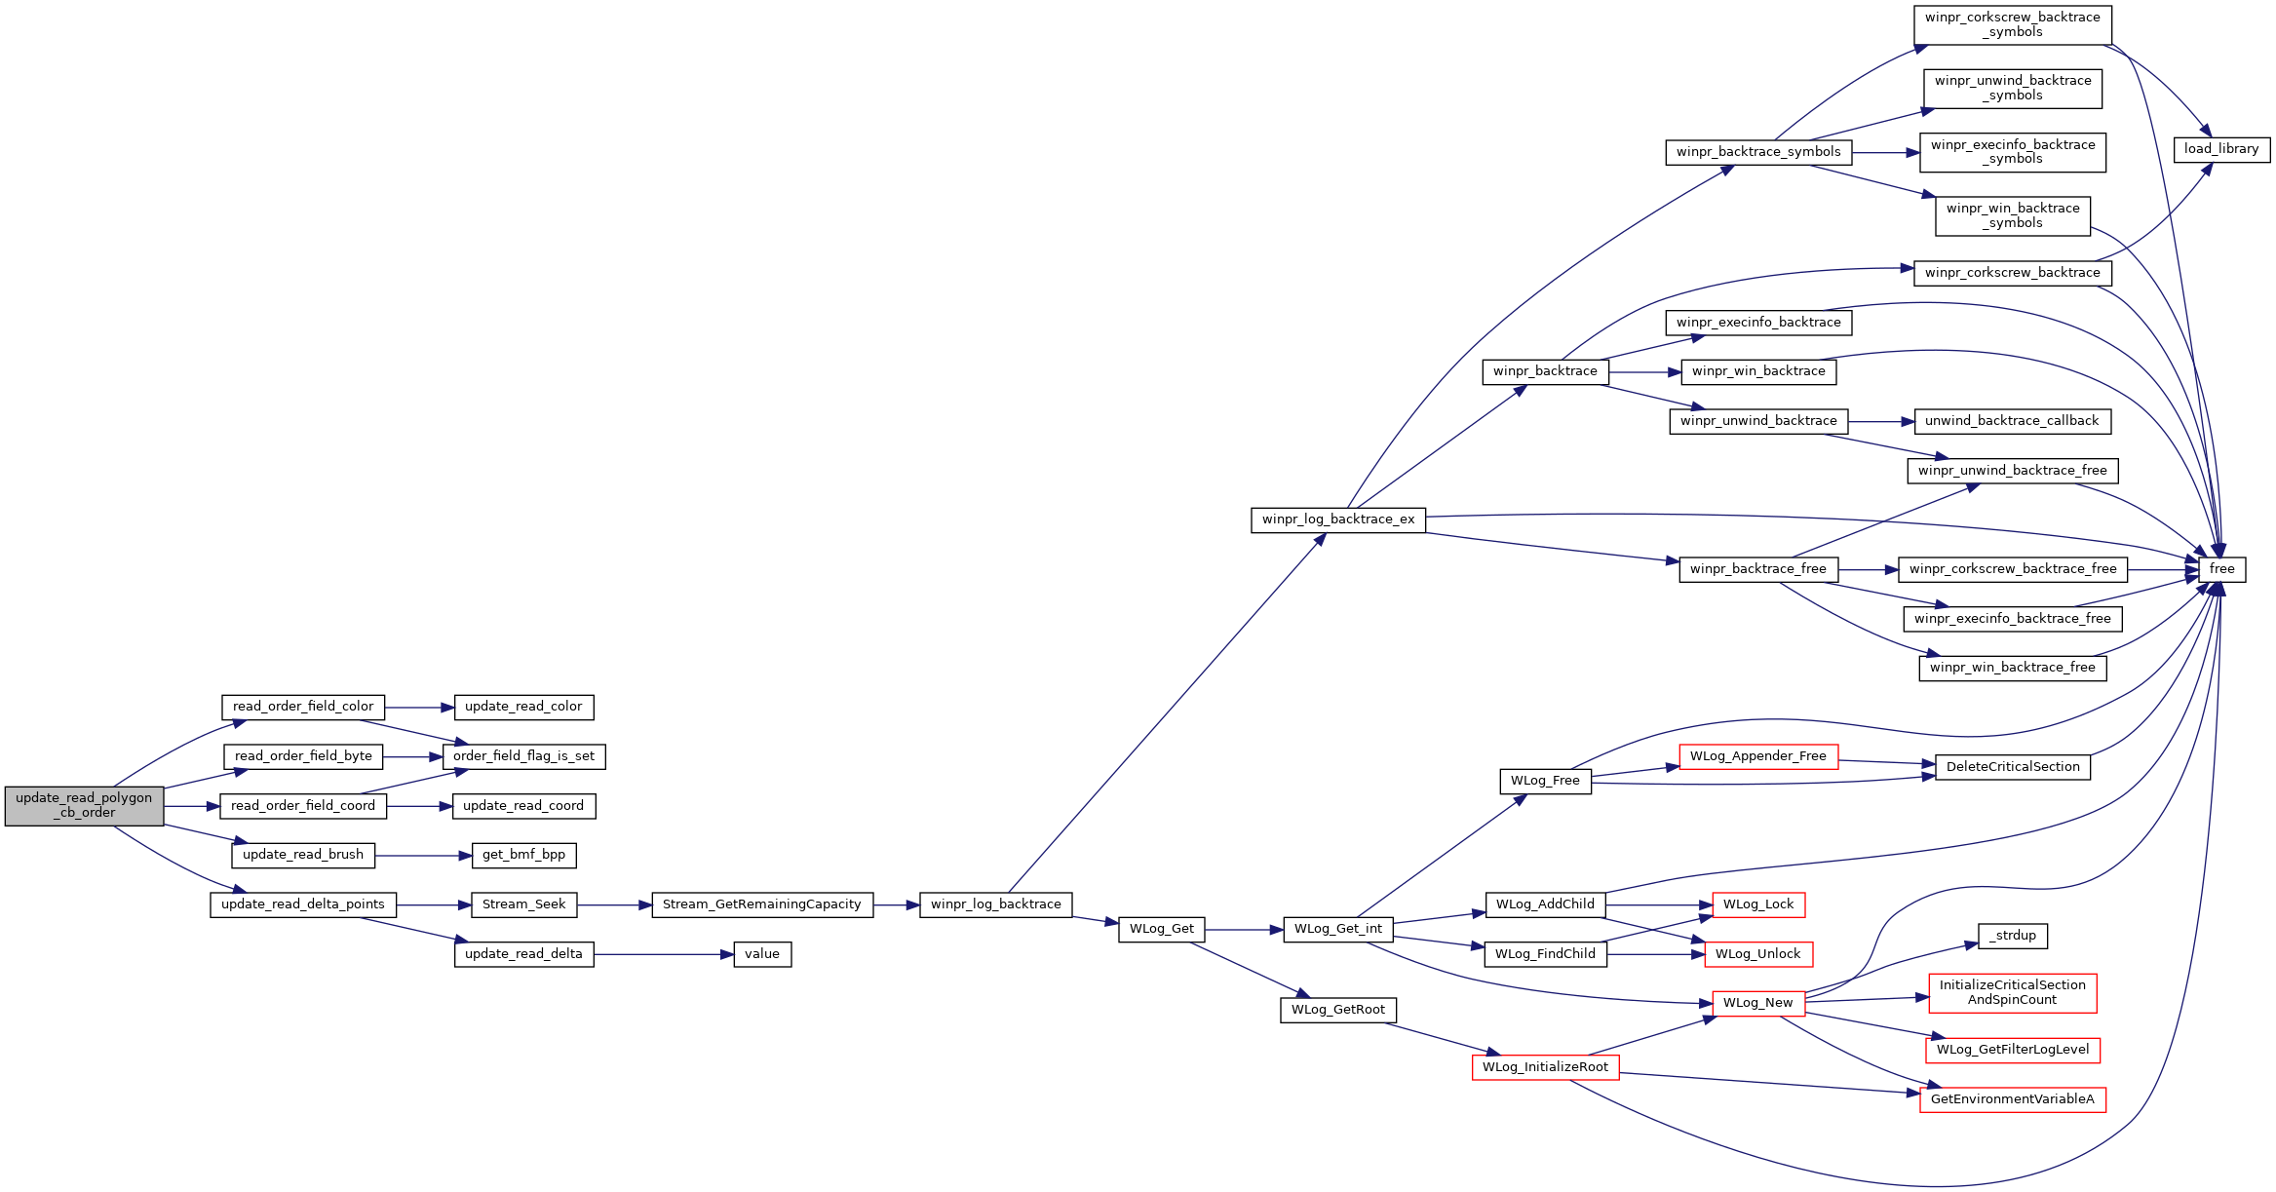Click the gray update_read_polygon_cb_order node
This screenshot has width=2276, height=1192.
[84, 806]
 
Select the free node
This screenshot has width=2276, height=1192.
[2221, 569]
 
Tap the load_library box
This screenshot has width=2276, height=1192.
[2221, 149]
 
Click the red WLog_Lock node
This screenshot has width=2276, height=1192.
[1758, 904]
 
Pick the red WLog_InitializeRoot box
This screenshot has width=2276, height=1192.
[1545, 1067]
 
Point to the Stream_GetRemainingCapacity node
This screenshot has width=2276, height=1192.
[762, 904]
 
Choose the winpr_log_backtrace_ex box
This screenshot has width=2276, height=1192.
[1338, 519]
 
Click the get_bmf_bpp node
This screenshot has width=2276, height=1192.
[523, 855]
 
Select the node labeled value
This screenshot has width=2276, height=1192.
[762, 954]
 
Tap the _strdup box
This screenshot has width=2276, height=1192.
[2013, 936]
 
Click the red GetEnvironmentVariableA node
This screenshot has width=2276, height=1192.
[2013, 1099]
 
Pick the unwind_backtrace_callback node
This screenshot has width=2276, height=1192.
[2012, 421]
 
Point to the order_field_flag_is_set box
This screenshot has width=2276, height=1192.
[523, 756]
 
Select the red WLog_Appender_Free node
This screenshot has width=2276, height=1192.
[1758, 756]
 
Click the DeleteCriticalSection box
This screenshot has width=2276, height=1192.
[2013, 767]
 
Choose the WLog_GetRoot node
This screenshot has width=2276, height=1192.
[1338, 1010]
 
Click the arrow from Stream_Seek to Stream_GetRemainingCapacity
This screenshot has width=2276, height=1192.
[614, 905]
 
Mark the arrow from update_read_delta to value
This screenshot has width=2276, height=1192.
[664, 954]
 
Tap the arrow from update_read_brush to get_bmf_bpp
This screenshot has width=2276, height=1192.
[423, 856]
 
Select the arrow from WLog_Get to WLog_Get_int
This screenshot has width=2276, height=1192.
[1245, 930]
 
